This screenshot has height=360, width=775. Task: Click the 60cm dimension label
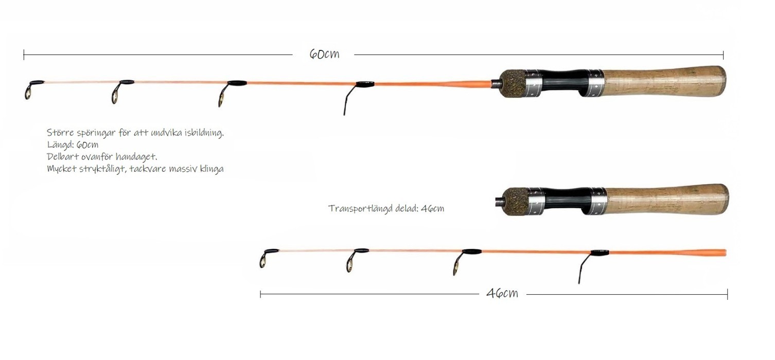324,54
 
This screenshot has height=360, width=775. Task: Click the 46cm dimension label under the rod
502,293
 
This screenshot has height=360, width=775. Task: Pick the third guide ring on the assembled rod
224,95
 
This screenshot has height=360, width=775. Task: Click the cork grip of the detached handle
666,200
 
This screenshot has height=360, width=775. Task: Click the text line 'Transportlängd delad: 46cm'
386,208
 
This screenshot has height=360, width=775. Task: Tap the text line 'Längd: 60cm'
73,145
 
